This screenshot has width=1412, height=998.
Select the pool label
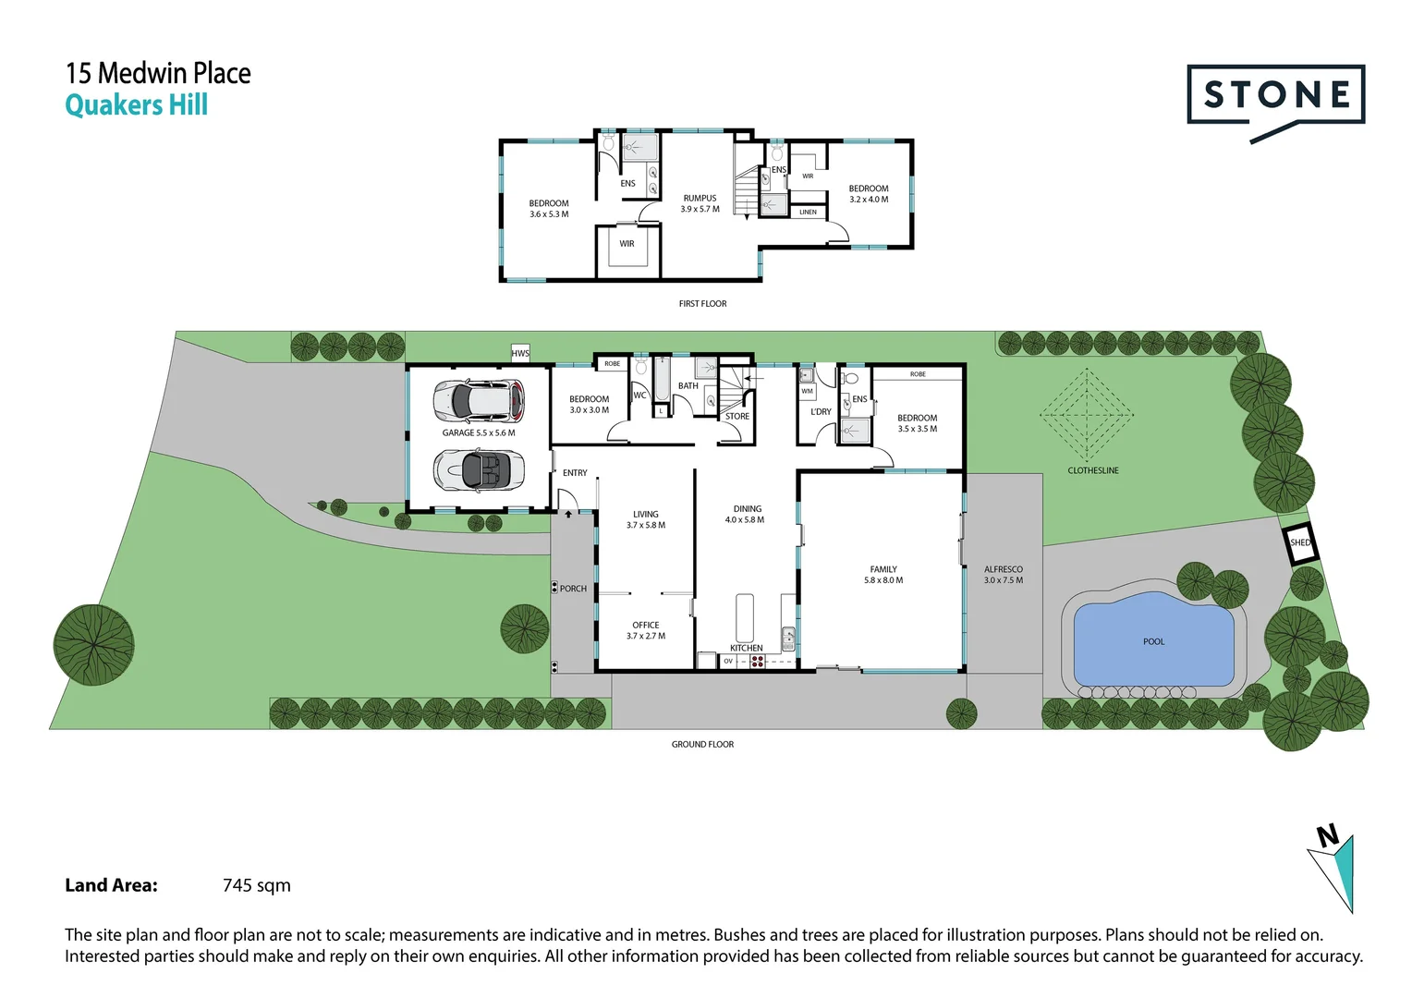1153,642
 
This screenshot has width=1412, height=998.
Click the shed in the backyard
1300,542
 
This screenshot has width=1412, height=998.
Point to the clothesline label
1093,470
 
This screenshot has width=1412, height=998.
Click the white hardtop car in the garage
479,401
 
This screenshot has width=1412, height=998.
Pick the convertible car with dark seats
479,469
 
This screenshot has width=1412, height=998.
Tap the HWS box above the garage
520,353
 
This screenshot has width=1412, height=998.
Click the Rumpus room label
700,198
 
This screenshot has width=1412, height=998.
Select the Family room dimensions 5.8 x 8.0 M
883,580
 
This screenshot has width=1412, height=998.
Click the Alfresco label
1004,569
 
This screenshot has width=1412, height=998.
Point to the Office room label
646,625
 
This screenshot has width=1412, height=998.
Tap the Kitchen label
747,648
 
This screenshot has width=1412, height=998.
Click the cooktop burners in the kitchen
758,662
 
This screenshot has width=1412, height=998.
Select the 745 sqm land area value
257,885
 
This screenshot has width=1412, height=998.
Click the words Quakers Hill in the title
136,104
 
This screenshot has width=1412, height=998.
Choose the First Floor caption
703,304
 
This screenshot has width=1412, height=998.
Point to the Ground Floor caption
703,745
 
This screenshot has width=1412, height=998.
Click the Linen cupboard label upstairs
809,212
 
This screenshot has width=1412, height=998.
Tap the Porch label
573,589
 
